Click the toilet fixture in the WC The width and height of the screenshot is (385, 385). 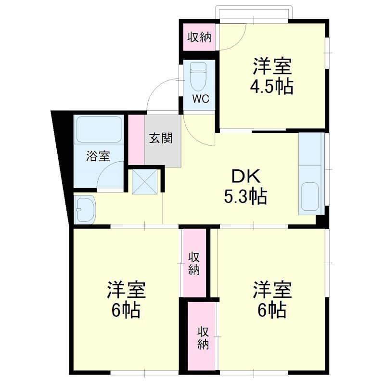197,77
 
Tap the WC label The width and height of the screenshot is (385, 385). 200,99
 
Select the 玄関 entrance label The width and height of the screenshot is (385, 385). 160,138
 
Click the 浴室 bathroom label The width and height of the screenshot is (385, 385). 98,156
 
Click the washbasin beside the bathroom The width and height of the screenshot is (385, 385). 85,210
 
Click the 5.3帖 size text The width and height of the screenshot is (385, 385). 245,196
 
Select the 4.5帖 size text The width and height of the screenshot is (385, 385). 271,87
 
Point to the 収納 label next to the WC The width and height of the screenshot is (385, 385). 199,37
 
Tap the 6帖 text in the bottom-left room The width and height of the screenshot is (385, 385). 126,310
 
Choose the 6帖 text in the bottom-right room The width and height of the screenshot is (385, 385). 272,310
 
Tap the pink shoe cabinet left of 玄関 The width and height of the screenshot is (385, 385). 137,140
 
